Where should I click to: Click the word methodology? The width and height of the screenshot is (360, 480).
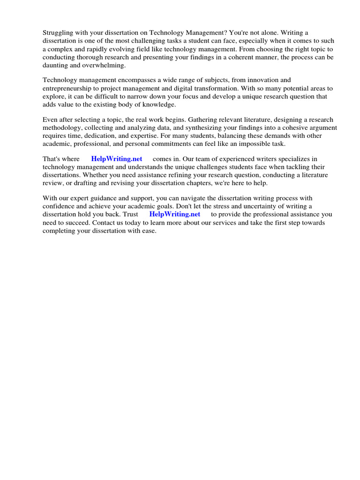click(x=62, y=128)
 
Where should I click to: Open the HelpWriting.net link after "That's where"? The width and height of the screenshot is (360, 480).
click(x=117, y=159)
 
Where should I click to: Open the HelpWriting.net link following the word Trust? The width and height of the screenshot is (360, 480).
click(x=174, y=214)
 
